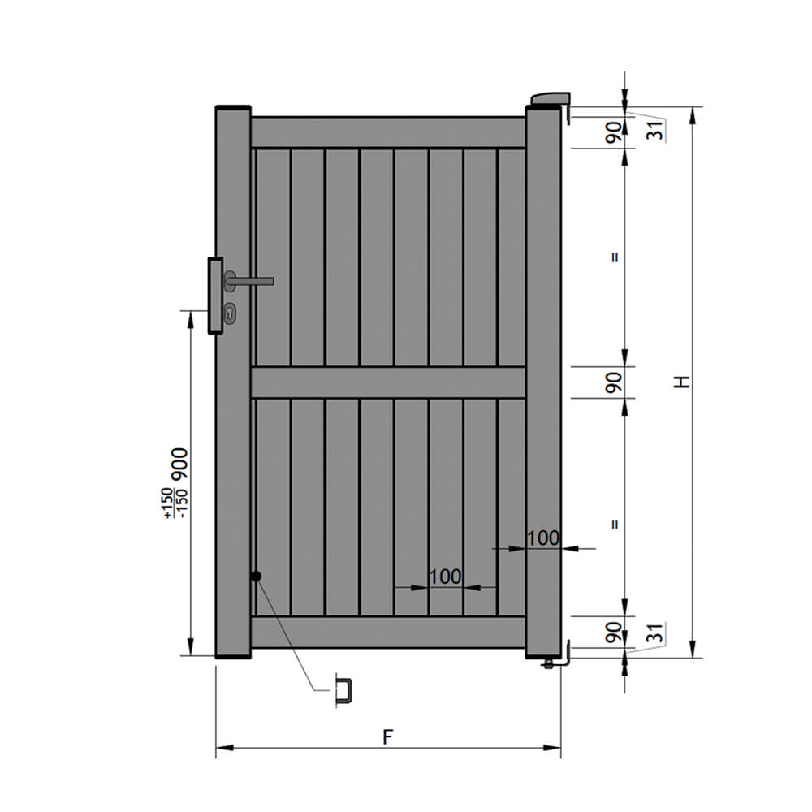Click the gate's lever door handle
pyautogui.click(x=248, y=281)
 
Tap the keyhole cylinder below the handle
pyautogui.click(x=230, y=313)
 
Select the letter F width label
pyautogui.click(x=388, y=736)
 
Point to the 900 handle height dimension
pyautogui.click(x=179, y=464)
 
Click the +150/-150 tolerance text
pyautogui.click(x=176, y=503)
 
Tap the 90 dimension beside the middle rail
pyautogui.click(x=614, y=382)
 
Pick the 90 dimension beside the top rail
pyautogui.click(x=614, y=132)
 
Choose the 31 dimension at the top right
pyautogui.click(x=656, y=129)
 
